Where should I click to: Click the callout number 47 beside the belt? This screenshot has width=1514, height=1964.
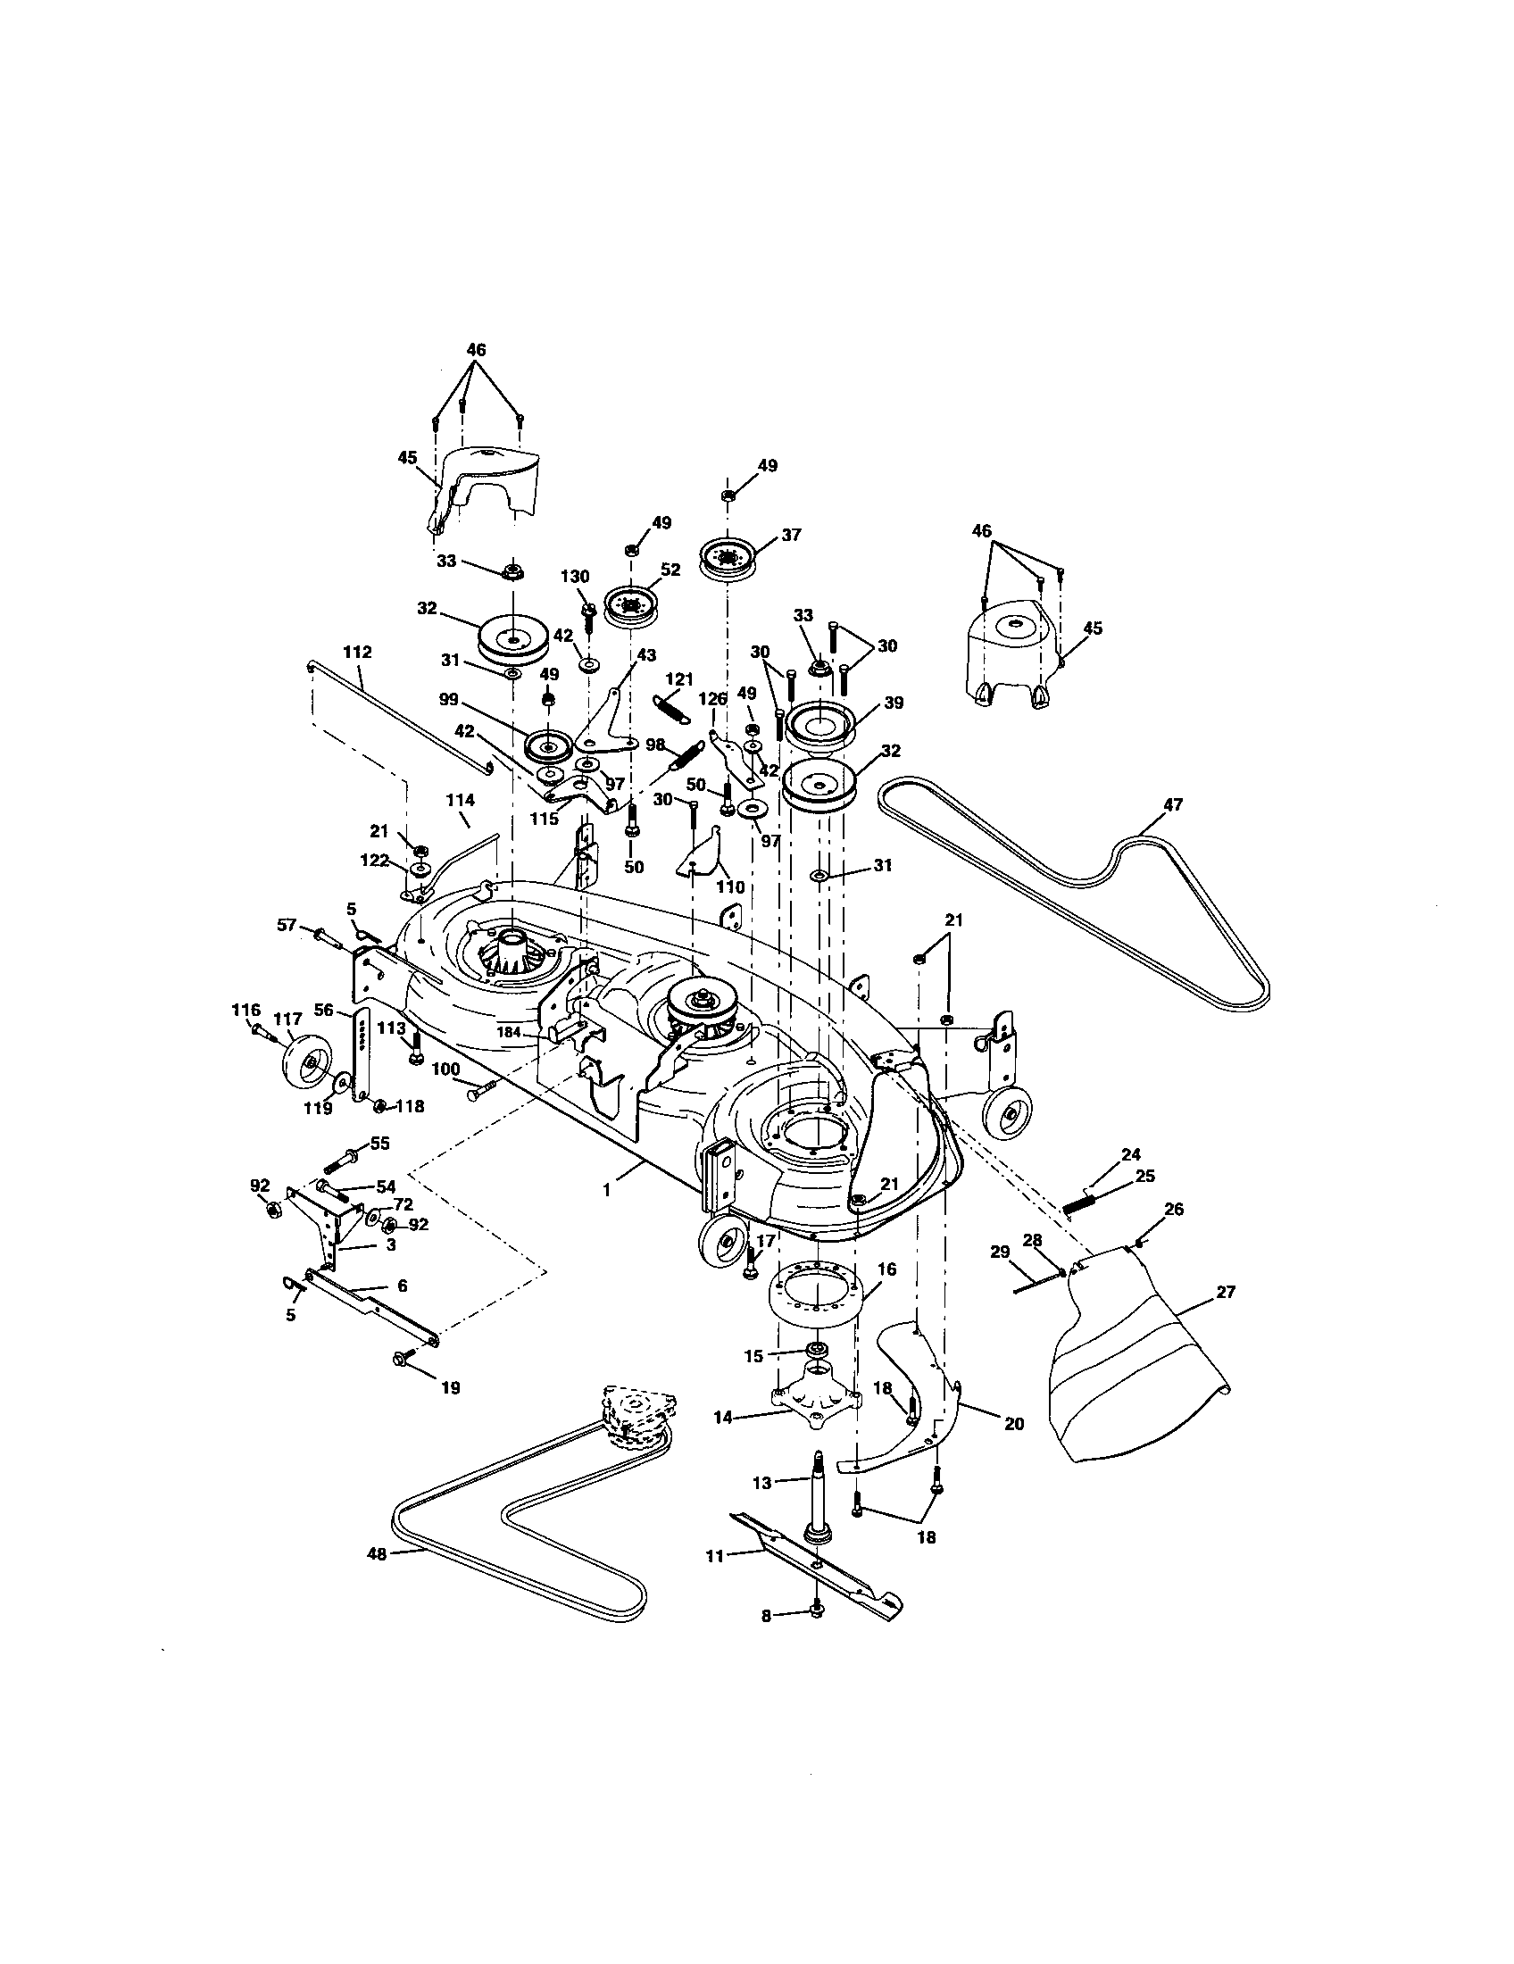pyautogui.click(x=1173, y=805)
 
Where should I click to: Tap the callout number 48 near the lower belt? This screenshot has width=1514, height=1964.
pyautogui.click(x=377, y=1554)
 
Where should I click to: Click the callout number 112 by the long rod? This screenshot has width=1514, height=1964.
pyautogui.click(x=357, y=651)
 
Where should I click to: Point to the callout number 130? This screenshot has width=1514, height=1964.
pyautogui.click(x=575, y=577)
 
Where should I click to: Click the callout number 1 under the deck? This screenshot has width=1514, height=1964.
pyautogui.click(x=606, y=1190)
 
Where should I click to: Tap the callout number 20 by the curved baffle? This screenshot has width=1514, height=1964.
pyautogui.click(x=1014, y=1425)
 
